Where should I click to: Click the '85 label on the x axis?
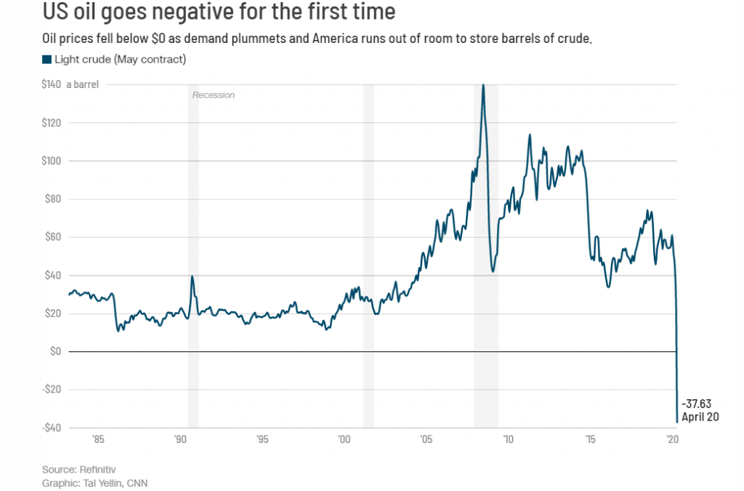(98, 440)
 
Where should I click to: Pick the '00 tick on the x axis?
(344, 440)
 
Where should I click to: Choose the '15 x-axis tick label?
(590, 440)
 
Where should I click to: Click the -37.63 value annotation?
(696, 404)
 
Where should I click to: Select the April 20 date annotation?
(700, 417)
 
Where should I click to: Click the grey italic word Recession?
(213, 95)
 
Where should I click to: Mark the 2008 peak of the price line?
(483, 85)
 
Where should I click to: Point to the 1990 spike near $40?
(192, 276)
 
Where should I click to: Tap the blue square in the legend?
(46, 59)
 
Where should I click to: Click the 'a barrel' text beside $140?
(83, 84)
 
